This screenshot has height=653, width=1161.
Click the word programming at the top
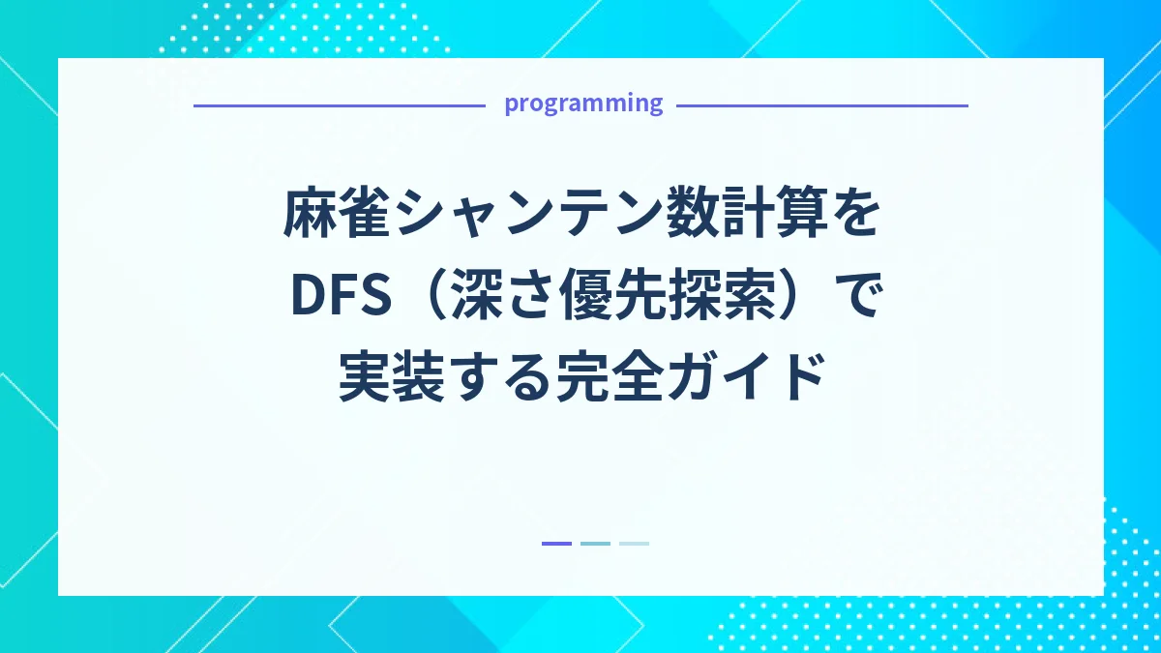coord(583,104)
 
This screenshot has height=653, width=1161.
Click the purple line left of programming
coord(339,105)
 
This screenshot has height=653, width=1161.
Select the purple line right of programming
coord(821,105)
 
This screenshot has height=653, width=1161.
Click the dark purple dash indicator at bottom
coord(556,544)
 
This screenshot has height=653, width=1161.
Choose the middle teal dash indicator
coord(595,544)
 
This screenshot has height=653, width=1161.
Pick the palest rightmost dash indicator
coord(634,544)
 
